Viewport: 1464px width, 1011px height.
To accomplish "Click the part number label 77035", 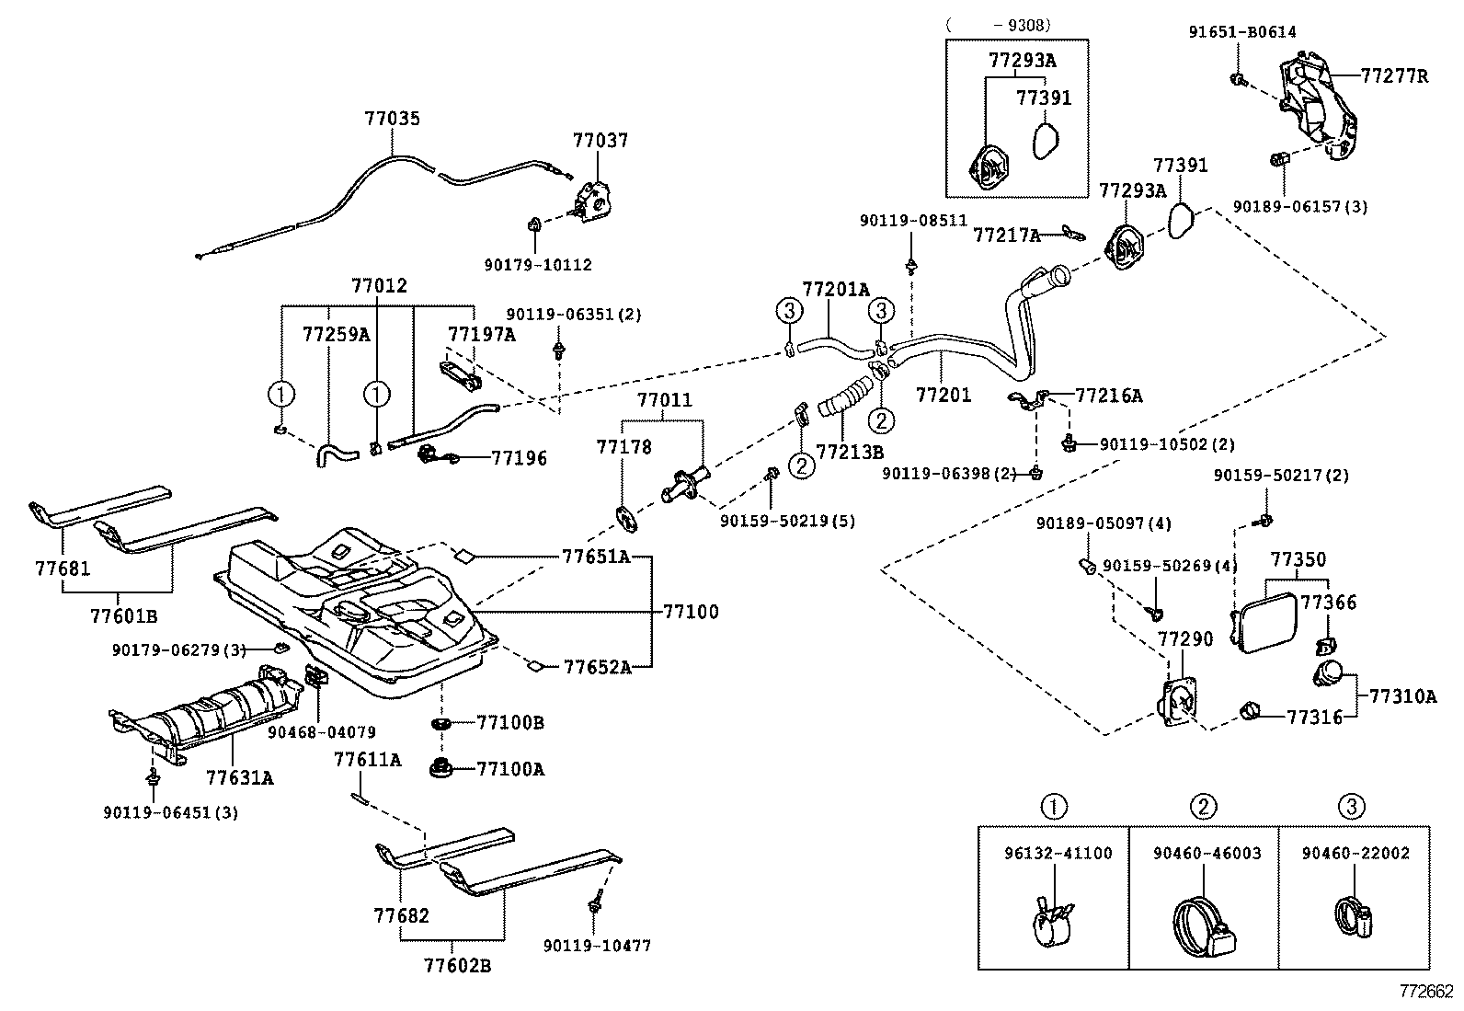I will click(x=392, y=118).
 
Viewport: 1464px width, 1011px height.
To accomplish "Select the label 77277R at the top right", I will click(x=1394, y=76).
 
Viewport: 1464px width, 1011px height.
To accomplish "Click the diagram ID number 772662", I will click(x=1426, y=992).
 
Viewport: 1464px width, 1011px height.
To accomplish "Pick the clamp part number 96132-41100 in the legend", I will click(x=1057, y=853).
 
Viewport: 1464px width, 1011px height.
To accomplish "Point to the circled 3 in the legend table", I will click(x=1350, y=808).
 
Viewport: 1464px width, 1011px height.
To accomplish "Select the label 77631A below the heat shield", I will click(x=239, y=778).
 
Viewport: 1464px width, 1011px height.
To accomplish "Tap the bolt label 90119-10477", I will click(x=597, y=946).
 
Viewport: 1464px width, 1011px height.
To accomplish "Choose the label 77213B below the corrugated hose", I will click(x=850, y=452).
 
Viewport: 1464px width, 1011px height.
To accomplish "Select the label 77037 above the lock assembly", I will click(x=600, y=141).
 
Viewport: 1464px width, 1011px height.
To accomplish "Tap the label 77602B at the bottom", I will click(x=457, y=965).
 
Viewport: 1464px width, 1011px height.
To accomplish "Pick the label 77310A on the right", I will click(x=1402, y=696).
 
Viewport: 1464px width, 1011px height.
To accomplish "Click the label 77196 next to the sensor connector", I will click(x=519, y=457).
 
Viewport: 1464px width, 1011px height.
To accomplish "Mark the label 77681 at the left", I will click(x=63, y=569).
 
